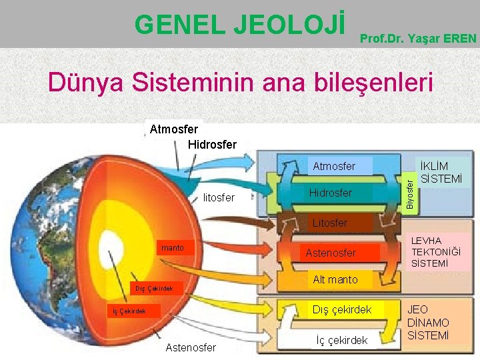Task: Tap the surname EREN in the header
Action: [x=460, y=39]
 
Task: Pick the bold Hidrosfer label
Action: [x=212, y=143]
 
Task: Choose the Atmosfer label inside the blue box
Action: [x=334, y=166]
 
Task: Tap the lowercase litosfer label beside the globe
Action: [x=218, y=197]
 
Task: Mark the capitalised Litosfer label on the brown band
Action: [x=330, y=223]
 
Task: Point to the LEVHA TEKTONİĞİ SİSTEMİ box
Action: [x=435, y=252]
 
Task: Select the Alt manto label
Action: [x=335, y=279]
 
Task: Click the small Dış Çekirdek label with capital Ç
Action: [x=154, y=289]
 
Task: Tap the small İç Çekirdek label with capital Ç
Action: [x=128, y=311]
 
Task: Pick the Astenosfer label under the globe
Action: [x=191, y=347]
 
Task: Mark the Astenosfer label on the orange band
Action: [x=331, y=253]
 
